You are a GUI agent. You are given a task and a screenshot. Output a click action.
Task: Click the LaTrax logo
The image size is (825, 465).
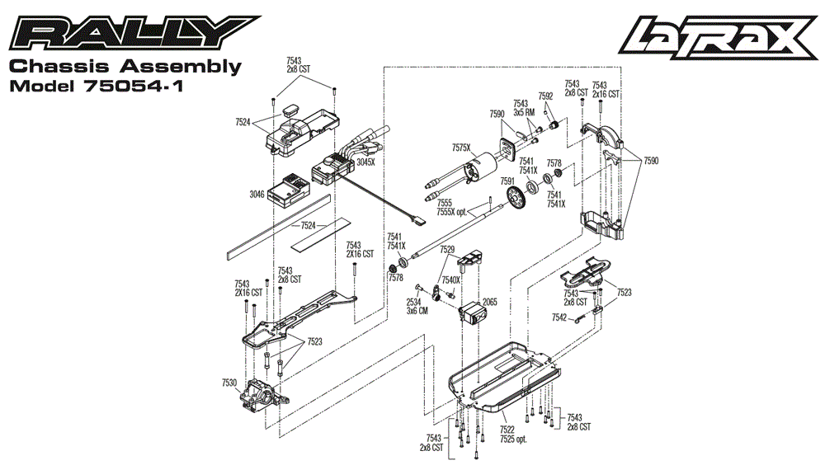tap(719, 36)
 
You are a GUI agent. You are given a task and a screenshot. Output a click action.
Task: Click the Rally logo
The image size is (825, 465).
tap(133, 34)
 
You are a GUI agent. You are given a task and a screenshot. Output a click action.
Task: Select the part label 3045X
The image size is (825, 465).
tap(365, 162)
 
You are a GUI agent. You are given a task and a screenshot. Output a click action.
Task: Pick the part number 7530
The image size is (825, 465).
tap(229, 383)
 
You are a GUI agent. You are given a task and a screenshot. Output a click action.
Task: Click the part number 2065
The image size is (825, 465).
tap(489, 302)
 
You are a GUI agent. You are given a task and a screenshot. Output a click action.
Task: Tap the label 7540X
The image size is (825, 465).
tap(450, 280)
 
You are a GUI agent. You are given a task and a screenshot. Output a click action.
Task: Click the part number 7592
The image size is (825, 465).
tap(545, 96)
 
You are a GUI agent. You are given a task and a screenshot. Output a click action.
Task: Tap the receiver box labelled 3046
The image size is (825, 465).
tap(290, 190)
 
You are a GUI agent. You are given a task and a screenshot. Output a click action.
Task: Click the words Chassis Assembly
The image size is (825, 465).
tap(124, 67)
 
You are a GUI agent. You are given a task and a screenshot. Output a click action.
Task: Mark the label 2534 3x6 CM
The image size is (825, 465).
tap(417, 306)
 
